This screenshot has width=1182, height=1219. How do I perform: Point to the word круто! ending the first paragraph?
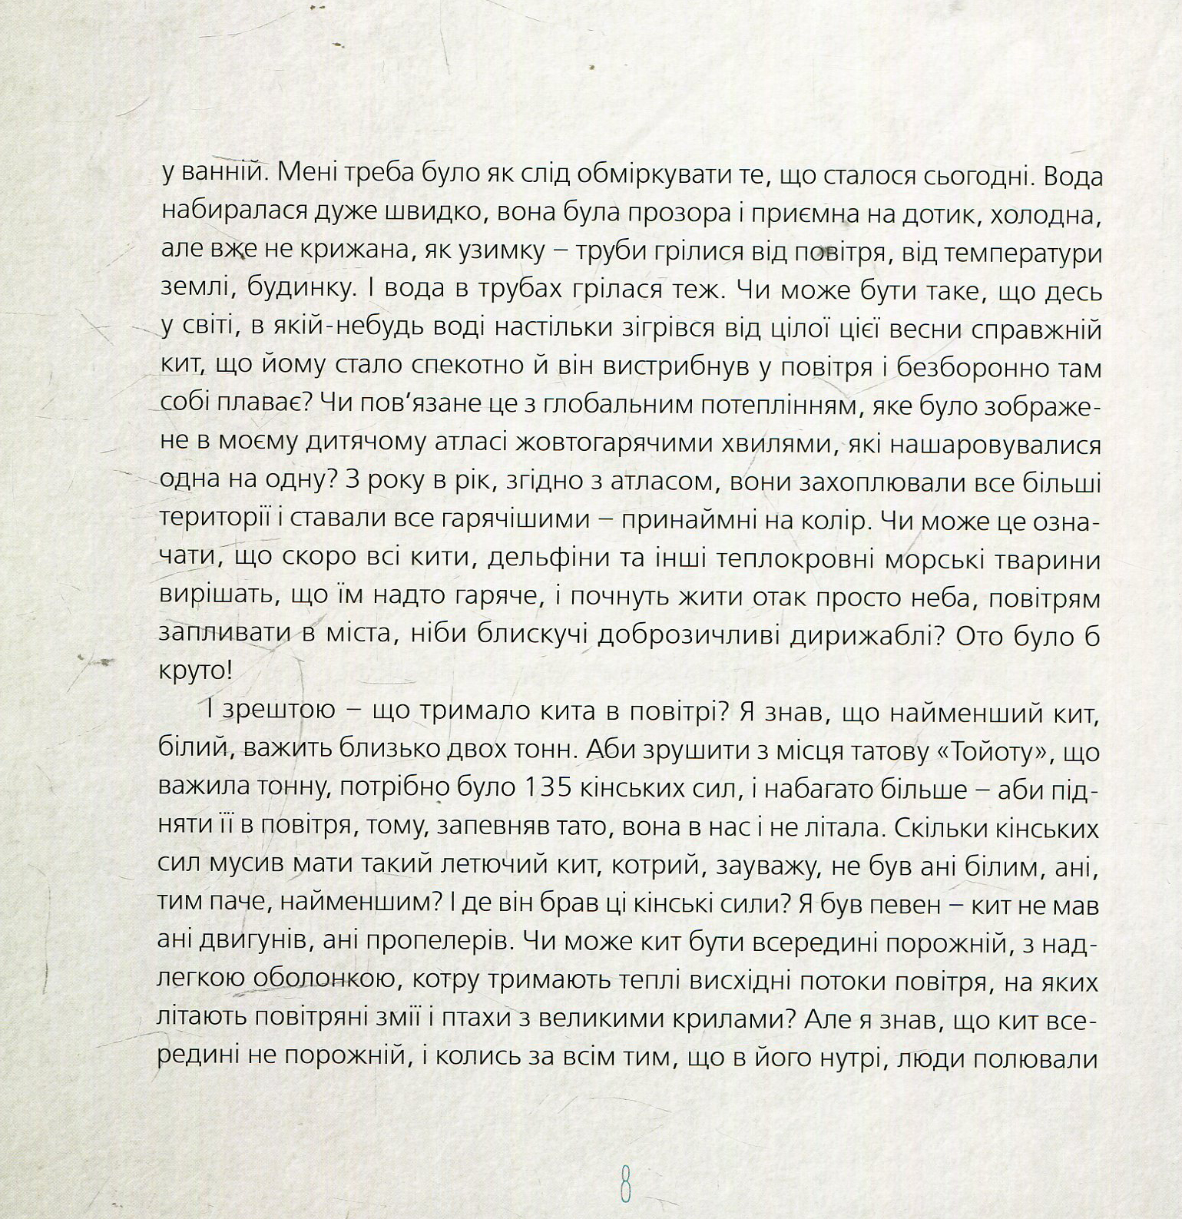point(197,672)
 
